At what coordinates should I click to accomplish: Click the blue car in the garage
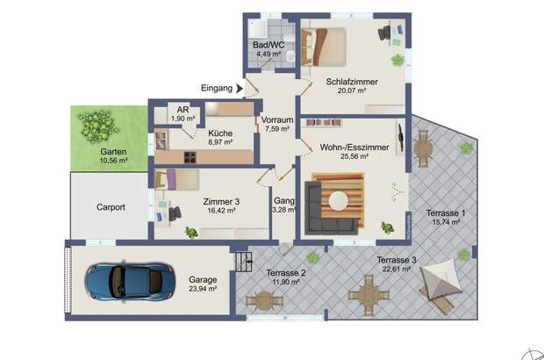130,281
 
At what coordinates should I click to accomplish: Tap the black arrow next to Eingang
240,89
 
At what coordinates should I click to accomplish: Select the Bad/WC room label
268,45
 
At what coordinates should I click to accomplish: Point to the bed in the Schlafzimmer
324,47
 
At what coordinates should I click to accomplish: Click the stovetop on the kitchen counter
190,157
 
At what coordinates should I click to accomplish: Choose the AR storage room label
183,110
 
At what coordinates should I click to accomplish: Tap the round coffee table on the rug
339,201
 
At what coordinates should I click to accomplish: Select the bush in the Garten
98,126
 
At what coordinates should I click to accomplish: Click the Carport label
111,207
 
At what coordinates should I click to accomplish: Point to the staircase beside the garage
244,262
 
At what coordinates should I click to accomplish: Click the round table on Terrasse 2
264,300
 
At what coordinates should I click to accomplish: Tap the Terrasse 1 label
446,213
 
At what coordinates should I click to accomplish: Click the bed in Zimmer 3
177,180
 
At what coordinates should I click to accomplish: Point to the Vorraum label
277,119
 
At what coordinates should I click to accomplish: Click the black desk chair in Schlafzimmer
384,33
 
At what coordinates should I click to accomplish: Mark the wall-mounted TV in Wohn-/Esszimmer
400,138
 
